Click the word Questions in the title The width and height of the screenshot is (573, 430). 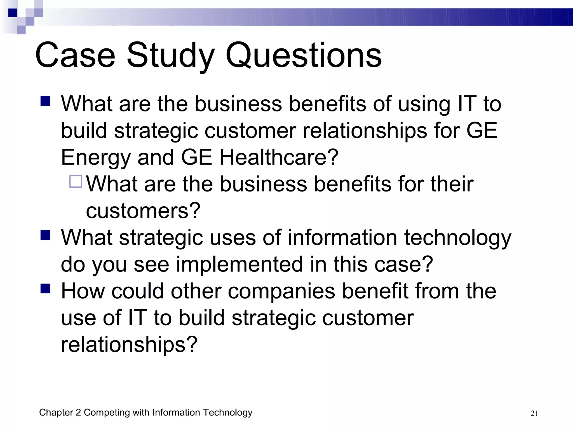coord(304,55)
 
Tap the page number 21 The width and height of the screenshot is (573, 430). coord(534,413)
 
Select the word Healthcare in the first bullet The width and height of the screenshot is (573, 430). coord(278,157)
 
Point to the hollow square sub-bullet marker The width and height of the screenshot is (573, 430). coord(76,181)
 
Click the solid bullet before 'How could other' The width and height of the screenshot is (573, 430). coord(45,288)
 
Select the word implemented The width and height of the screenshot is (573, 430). coord(239,264)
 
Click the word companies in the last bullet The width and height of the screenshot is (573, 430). coord(281,292)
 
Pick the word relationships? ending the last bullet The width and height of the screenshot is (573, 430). coord(129,345)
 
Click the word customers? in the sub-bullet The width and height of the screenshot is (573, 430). coord(143,211)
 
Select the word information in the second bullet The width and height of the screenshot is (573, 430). coord(342,238)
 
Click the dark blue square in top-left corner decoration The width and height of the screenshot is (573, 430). coord(13,13)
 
